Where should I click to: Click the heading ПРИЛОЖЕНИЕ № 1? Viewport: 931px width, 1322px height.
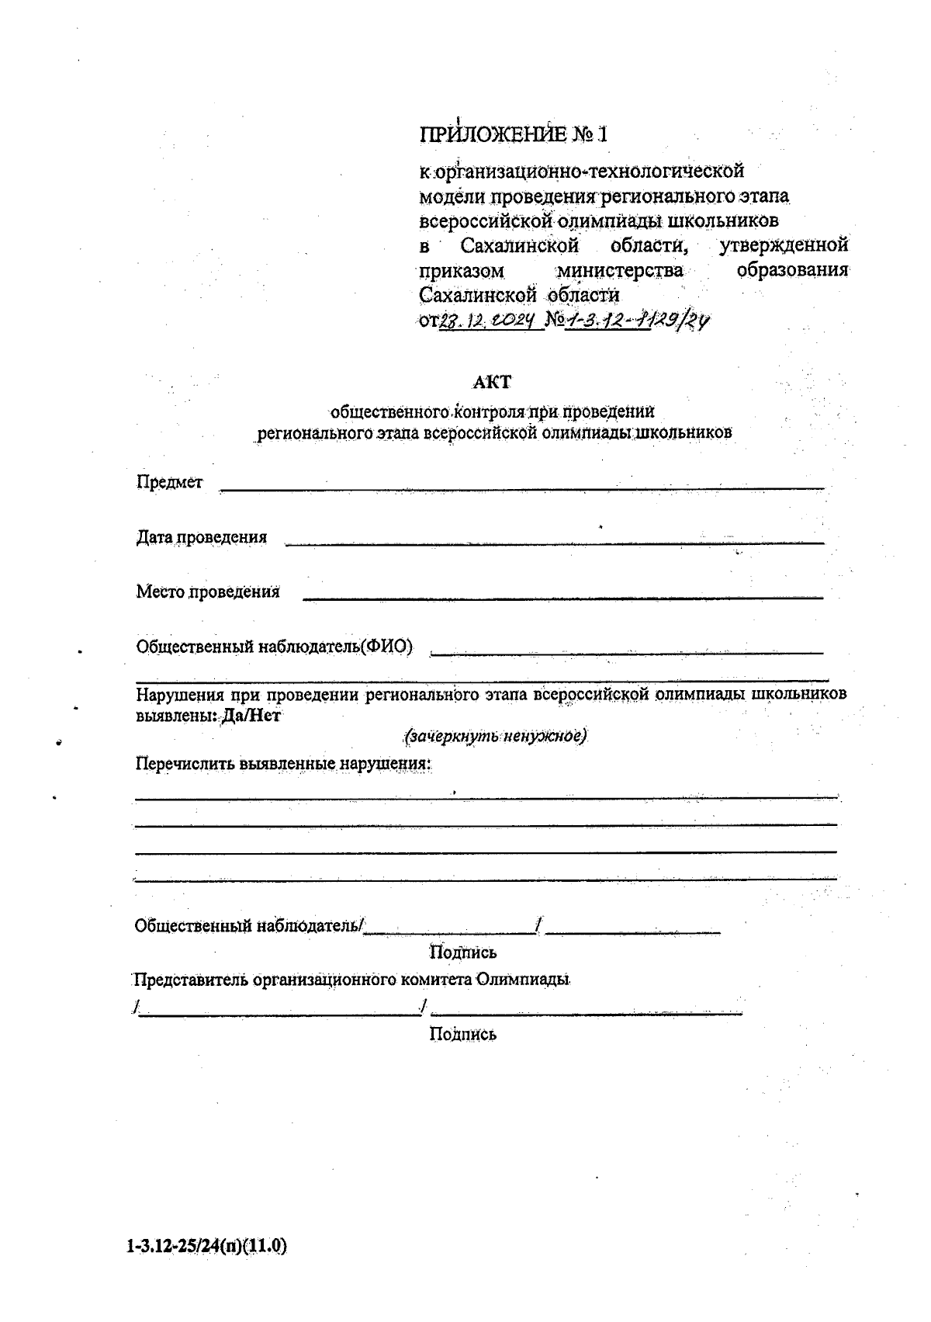pyautogui.click(x=514, y=134)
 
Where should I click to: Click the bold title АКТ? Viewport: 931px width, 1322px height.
pyautogui.click(x=493, y=382)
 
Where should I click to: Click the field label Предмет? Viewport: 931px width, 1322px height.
pyautogui.click(x=169, y=482)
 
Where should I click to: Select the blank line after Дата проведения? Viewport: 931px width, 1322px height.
pyautogui.click(x=554, y=543)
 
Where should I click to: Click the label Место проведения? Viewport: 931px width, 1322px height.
pyautogui.click(x=208, y=592)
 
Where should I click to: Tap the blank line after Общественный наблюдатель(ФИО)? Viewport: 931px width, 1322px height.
pyautogui.click(x=626, y=653)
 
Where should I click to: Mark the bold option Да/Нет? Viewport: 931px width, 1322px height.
pyautogui.click(x=251, y=716)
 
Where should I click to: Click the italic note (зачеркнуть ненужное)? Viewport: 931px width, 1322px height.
pyautogui.click(x=495, y=735)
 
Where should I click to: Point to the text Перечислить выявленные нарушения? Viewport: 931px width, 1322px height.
pyautogui.click(x=283, y=763)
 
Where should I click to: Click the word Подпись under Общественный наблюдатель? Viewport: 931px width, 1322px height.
pyautogui.click(x=463, y=952)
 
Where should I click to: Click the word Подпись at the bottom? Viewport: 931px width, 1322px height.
pyautogui.click(x=463, y=1033)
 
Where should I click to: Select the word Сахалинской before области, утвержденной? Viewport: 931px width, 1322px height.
pyautogui.click(x=520, y=246)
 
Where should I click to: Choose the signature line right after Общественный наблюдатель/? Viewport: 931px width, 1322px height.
pyautogui.click(x=449, y=930)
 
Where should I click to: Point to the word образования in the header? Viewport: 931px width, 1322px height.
pyautogui.click(x=792, y=271)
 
